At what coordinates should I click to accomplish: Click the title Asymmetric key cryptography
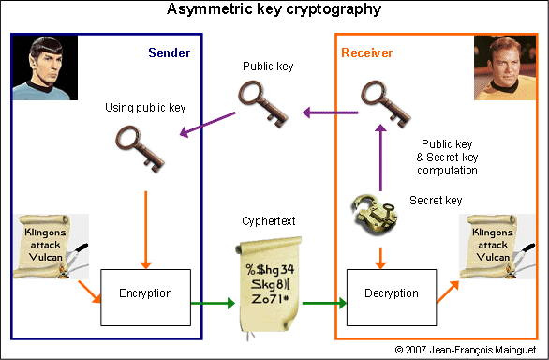point(274,10)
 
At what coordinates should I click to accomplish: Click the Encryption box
point(145,293)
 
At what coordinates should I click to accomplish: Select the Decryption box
point(393,293)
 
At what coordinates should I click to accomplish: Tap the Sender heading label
point(170,52)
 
